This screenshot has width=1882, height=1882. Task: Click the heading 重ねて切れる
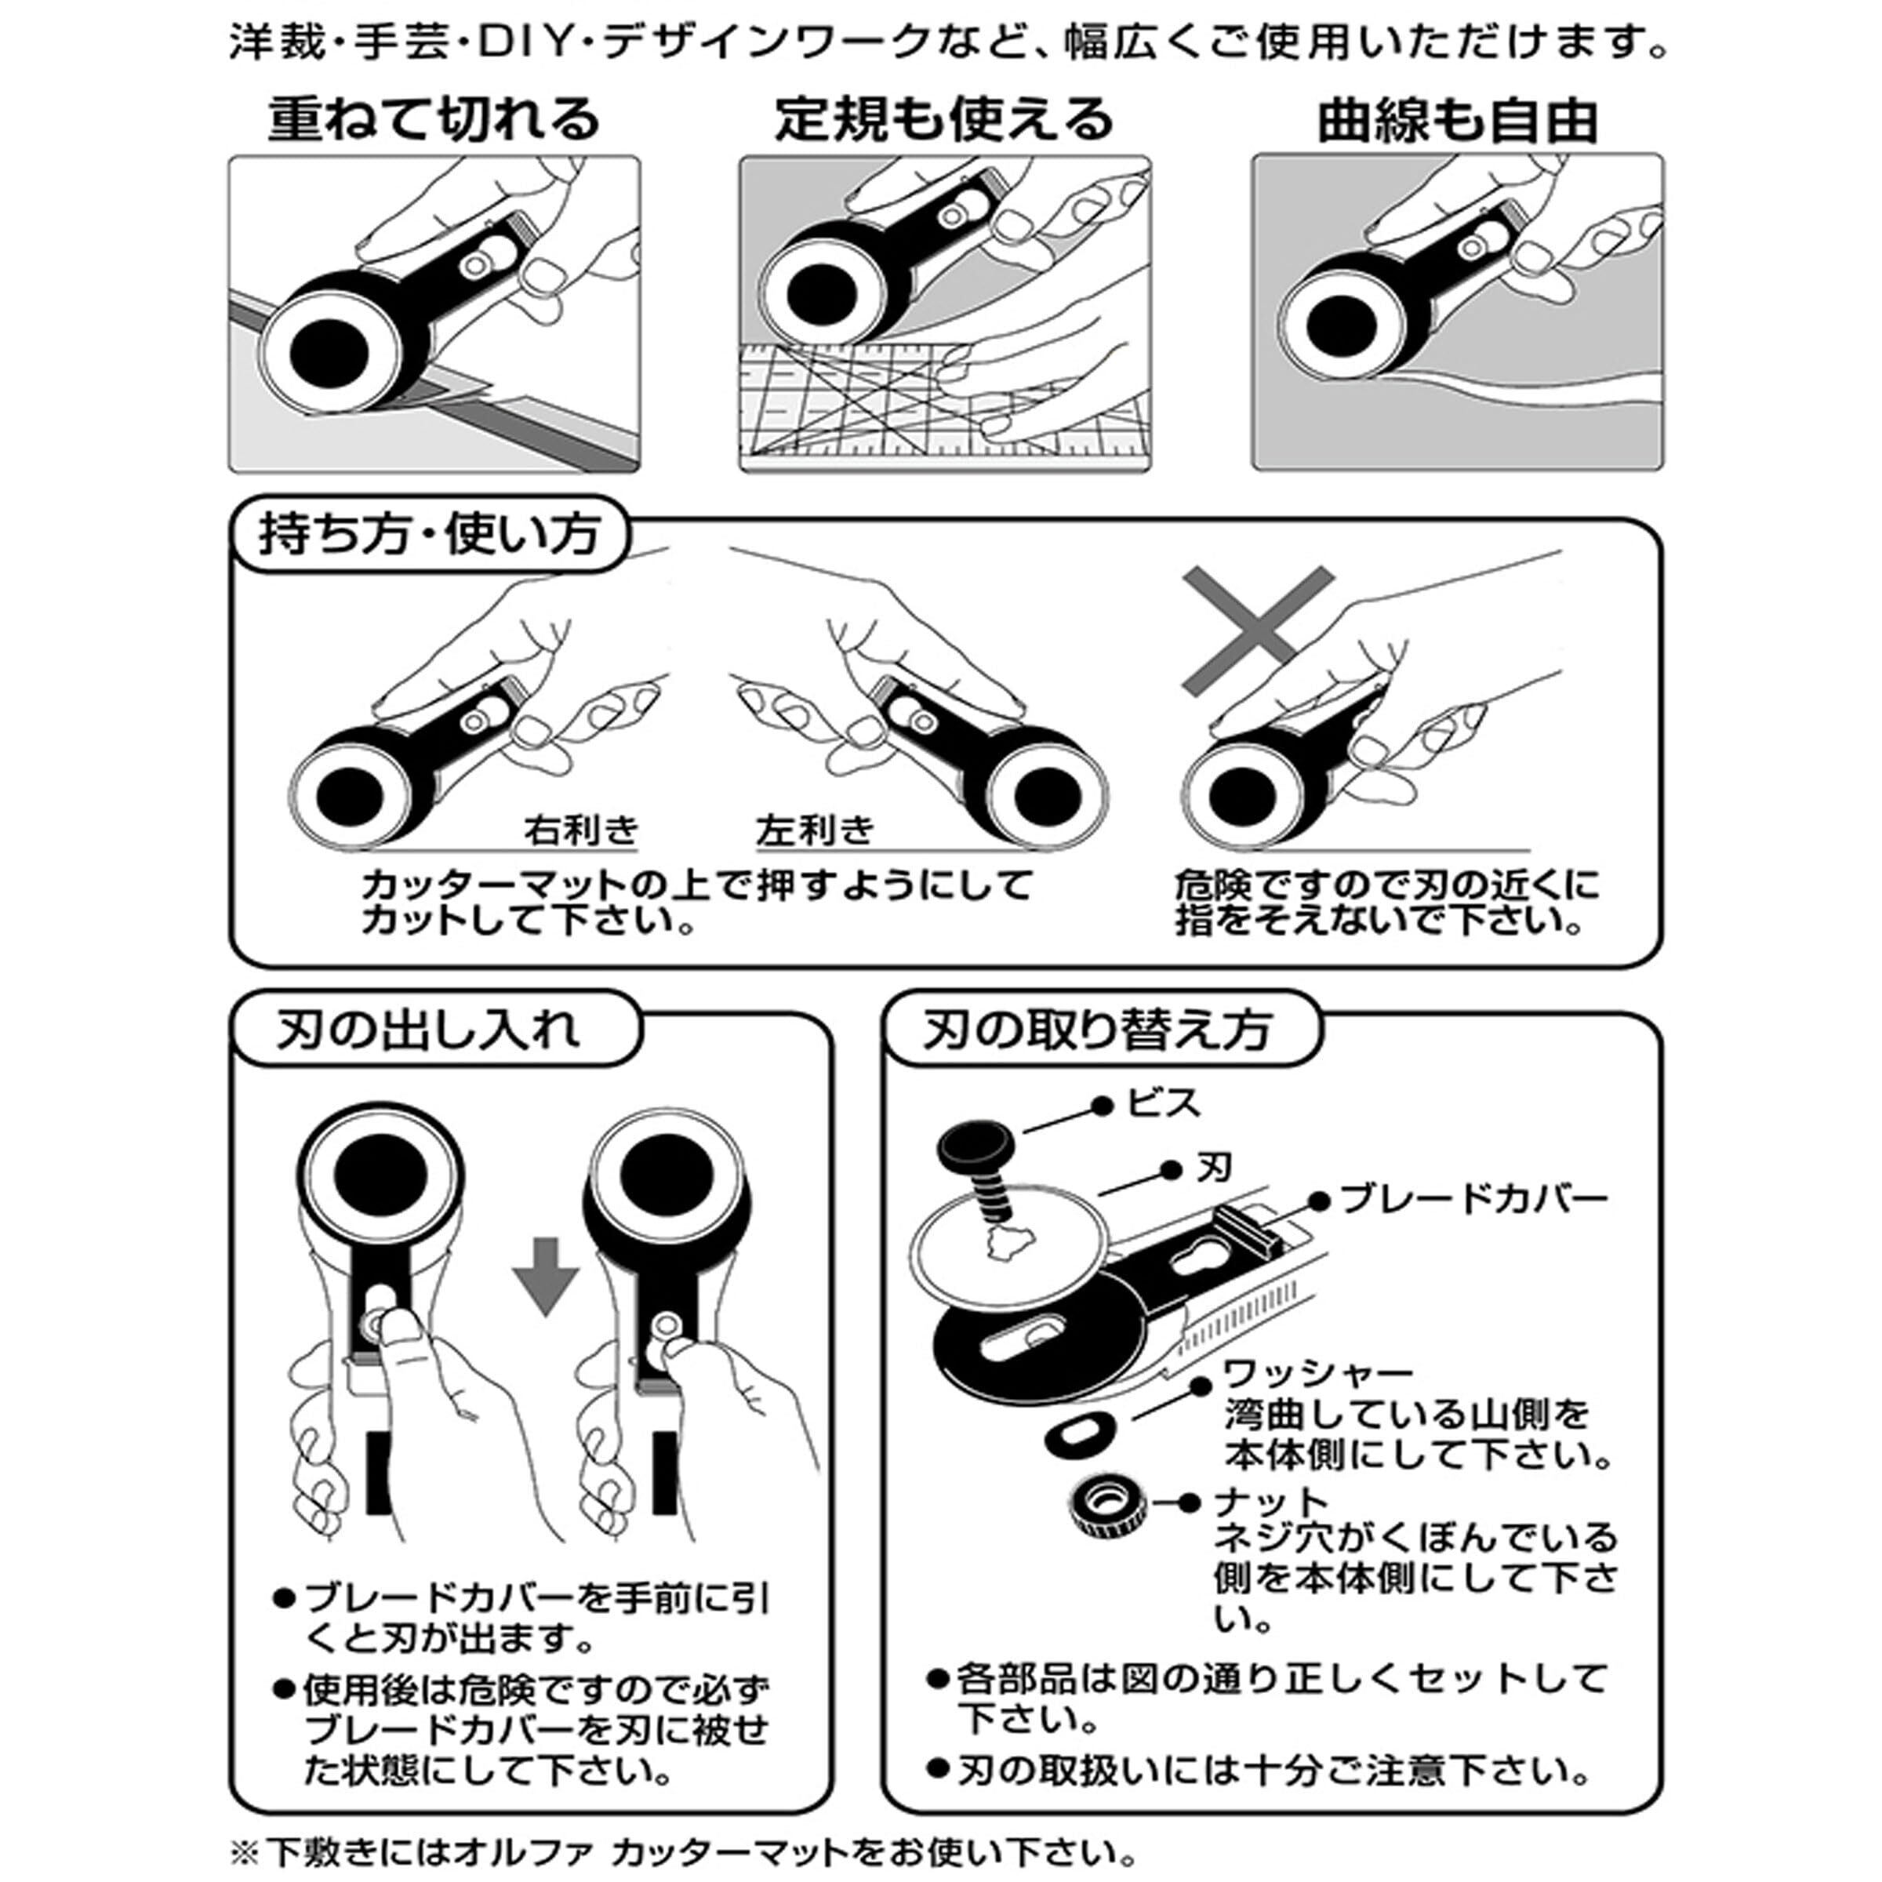coord(434,119)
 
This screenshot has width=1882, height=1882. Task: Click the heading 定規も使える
coord(944,119)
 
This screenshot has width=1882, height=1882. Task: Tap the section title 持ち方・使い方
coord(429,536)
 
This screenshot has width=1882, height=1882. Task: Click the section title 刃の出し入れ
coord(429,1030)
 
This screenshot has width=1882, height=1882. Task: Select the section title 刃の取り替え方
coord(1098,1030)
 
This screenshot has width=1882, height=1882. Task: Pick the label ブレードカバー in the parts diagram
coord(1473,1199)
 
